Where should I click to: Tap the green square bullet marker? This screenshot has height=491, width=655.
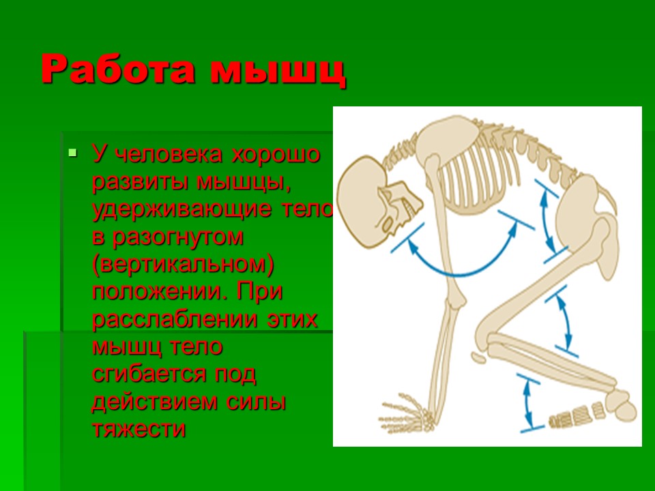[73, 151]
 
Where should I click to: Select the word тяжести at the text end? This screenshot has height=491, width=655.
[139, 430]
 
